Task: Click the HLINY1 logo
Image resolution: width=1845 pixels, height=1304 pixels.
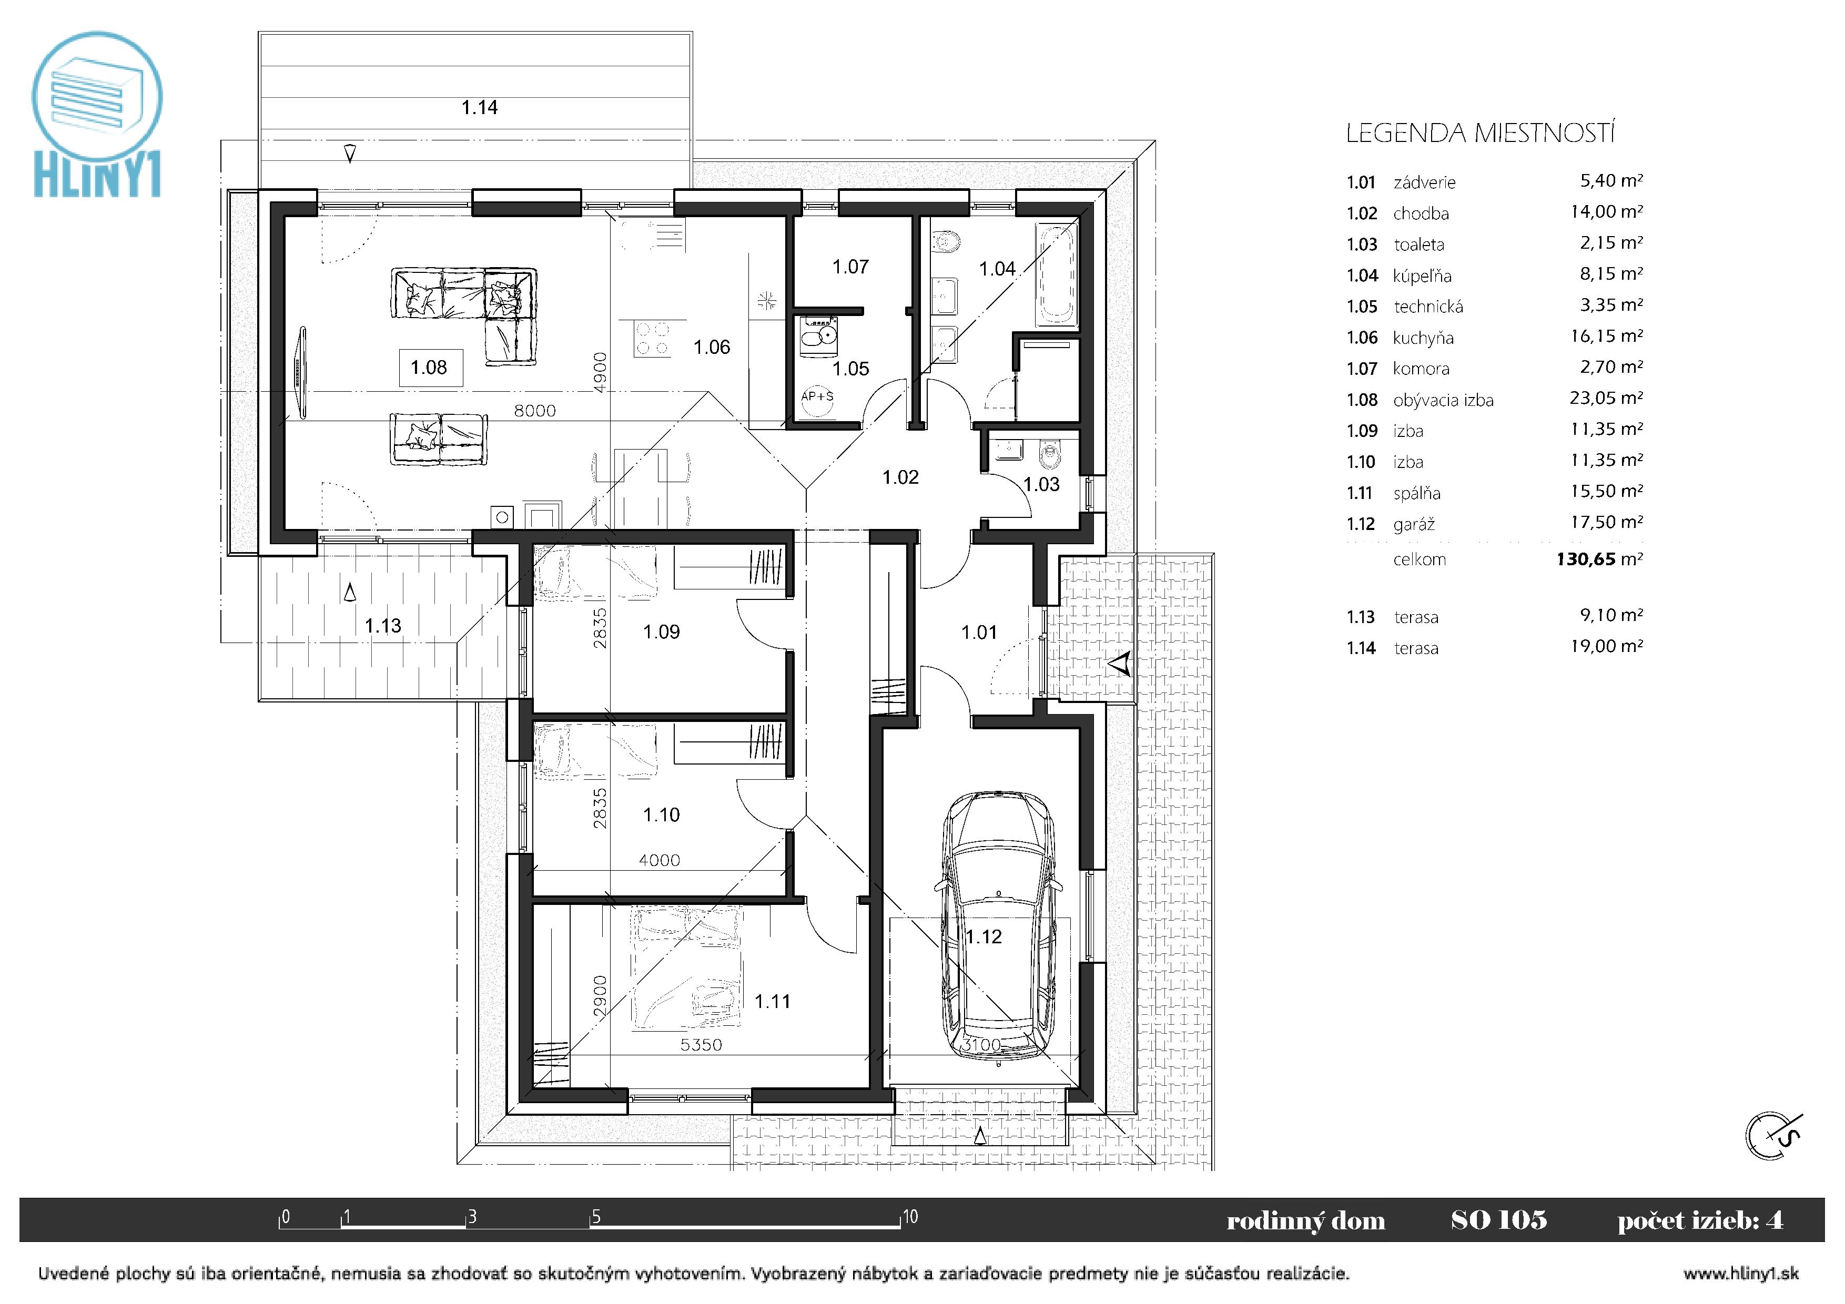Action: [x=97, y=114]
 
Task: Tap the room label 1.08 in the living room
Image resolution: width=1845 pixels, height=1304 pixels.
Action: [x=429, y=368]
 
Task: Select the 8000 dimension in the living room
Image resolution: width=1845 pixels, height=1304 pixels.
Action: [x=535, y=411]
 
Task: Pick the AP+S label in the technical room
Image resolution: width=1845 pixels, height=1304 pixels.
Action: [x=817, y=396]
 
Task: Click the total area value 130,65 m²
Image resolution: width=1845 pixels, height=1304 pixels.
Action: [x=1599, y=559]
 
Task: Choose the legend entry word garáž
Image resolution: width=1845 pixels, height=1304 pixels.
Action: [x=1414, y=525]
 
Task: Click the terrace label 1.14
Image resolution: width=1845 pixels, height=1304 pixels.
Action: [x=480, y=108]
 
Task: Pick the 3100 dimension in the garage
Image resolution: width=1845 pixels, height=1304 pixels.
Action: [x=982, y=1044]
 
